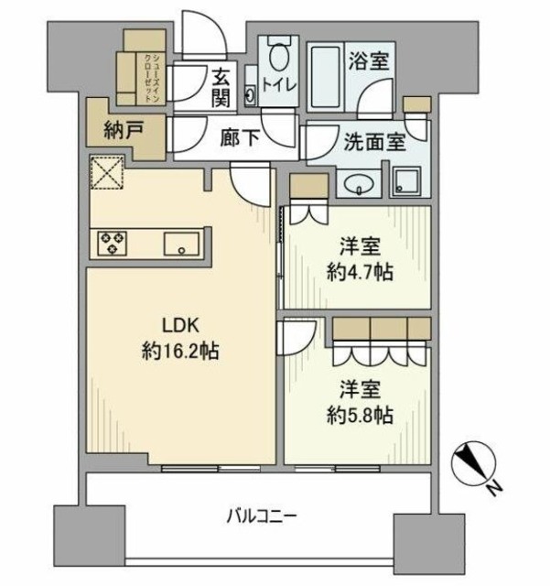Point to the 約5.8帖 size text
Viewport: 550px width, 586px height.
click(361, 415)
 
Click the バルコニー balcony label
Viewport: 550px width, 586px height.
click(262, 516)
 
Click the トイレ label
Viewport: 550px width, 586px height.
click(278, 84)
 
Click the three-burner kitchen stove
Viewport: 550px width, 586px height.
click(114, 244)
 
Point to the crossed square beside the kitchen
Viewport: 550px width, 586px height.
click(107, 172)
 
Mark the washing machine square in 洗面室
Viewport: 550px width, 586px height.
click(405, 180)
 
